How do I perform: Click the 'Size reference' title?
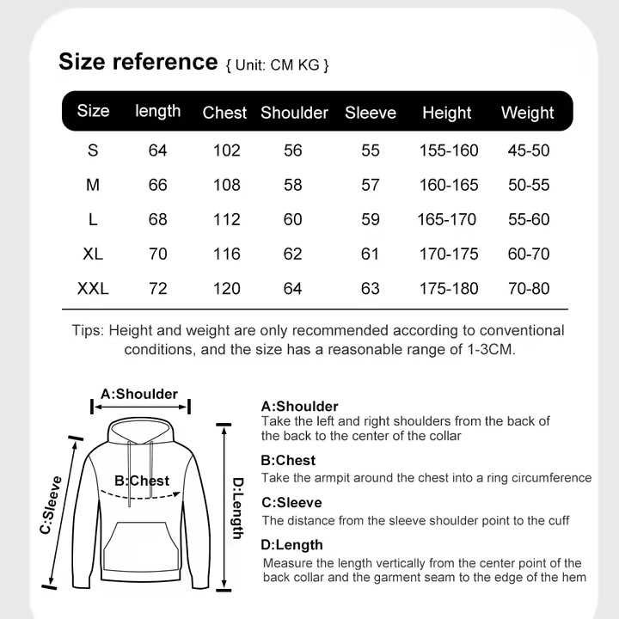pos(138,62)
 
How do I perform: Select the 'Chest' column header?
pos(224,113)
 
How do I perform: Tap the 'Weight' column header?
pos(527,113)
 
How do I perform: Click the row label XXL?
pos(93,289)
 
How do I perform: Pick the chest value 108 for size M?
pos(227,185)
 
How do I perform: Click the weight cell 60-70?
pos(528,254)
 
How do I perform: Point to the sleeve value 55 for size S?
pos(371,150)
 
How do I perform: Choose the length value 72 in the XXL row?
pos(158,289)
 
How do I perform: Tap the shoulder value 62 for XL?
pos(293,254)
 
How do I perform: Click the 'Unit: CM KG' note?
pos(277,65)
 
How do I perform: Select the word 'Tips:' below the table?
pos(89,331)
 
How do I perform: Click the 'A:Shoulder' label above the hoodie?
pos(139,394)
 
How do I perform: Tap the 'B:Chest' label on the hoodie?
pos(142,481)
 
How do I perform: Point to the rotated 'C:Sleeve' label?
pos(53,505)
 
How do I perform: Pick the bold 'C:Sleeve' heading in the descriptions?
pos(291,502)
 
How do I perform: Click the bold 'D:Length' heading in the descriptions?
pos(292,544)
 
